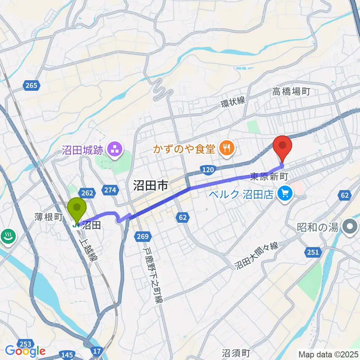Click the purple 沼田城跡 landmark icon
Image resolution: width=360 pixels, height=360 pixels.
click(x=114, y=149)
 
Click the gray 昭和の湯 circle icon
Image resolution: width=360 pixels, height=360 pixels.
click(x=351, y=227)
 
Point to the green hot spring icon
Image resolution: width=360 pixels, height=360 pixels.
click(x=7, y=237)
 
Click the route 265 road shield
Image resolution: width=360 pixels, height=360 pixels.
click(x=31, y=85)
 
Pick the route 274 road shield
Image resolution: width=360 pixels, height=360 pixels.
click(x=110, y=190)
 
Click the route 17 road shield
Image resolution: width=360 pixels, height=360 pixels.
click(x=97, y=351)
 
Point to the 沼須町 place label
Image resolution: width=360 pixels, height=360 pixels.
click(x=235, y=353)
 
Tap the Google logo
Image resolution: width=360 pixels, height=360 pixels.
click(x=25, y=351)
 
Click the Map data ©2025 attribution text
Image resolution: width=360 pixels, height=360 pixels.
click(x=328, y=354)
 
